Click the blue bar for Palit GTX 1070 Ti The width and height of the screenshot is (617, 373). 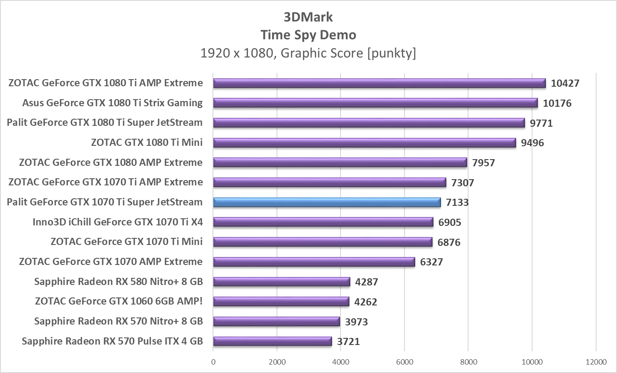click(327, 202)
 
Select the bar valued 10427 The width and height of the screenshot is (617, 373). click(379, 83)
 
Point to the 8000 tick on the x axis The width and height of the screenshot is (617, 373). click(468, 361)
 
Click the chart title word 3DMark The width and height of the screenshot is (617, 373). click(308, 17)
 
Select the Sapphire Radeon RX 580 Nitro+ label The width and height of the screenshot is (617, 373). click(118, 281)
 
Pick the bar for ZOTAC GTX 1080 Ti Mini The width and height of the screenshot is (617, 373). click(365, 143)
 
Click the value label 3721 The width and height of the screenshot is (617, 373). click(348, 341)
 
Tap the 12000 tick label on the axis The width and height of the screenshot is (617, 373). click(595, 361)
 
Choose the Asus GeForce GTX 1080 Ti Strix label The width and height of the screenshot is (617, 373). click(112, 103)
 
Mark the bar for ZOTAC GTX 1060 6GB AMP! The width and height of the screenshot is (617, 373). click(281, 301)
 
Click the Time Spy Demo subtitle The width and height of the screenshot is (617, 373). click(308, 35)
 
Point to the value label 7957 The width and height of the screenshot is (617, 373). click(484, 163)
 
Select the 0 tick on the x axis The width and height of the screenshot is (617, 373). click(213, 361)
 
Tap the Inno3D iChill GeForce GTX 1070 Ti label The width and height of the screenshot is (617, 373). click(117, 221)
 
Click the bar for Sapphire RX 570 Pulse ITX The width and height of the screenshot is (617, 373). click(272, 341)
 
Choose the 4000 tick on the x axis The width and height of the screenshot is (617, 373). click(341, 361)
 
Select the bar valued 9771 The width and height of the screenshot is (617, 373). click(369, 123)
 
